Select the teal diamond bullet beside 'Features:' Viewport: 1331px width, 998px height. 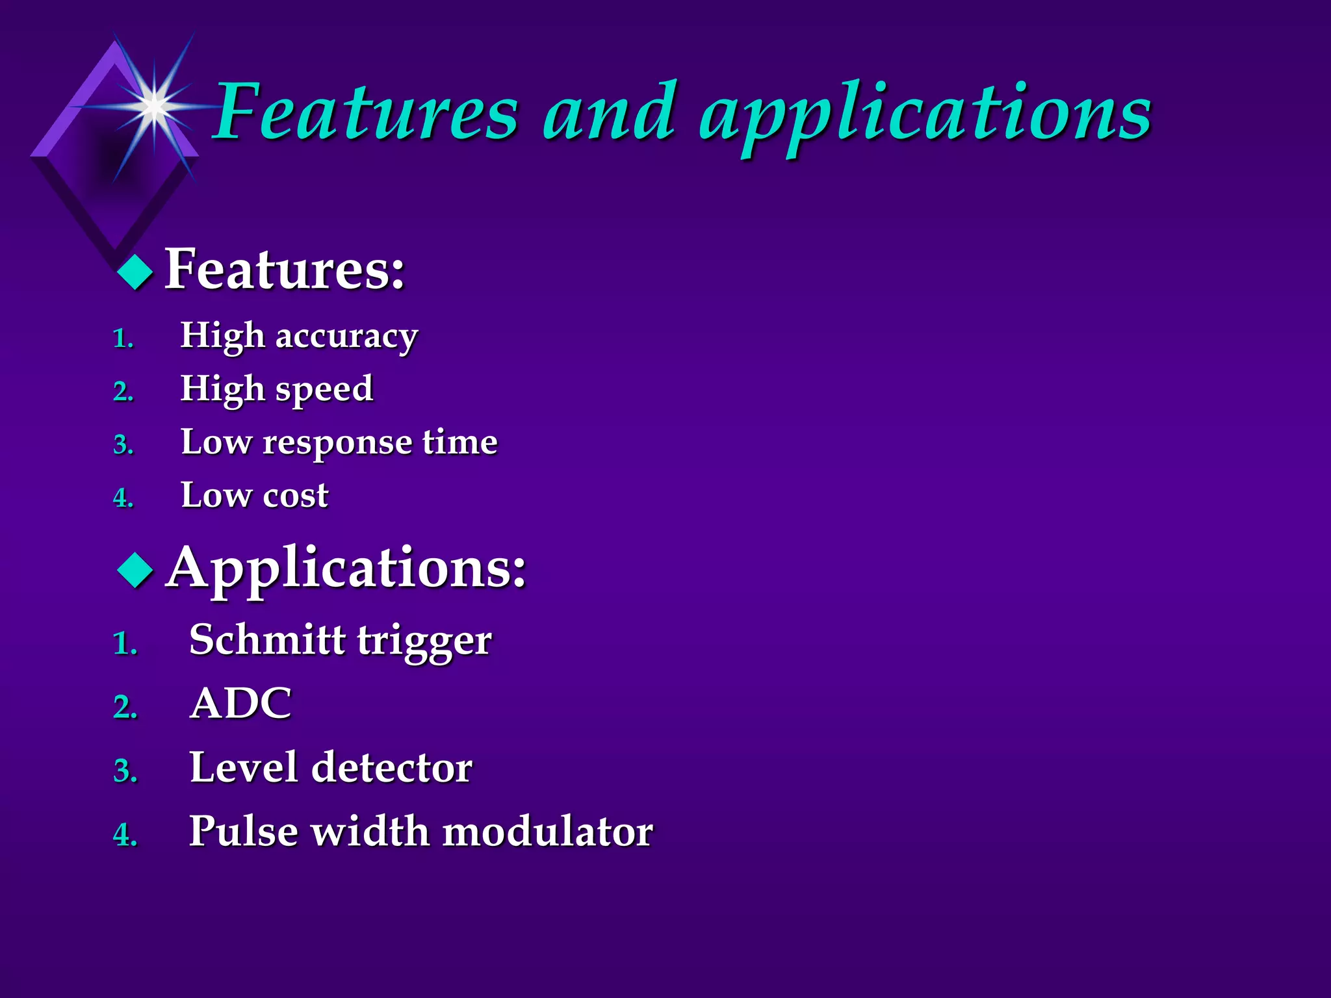[135, 272]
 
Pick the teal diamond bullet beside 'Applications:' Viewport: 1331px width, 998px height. [135, 570]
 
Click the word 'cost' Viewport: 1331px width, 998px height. [296, 496]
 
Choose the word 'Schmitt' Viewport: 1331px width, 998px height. [266, 640]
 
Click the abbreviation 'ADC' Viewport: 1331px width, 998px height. [240, 704]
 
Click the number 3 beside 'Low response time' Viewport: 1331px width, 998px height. [123, 446]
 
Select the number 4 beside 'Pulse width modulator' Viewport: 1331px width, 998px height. [125, 835]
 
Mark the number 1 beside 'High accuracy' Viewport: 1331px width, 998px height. [123, 339]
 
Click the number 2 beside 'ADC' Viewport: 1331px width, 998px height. [125, 708]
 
